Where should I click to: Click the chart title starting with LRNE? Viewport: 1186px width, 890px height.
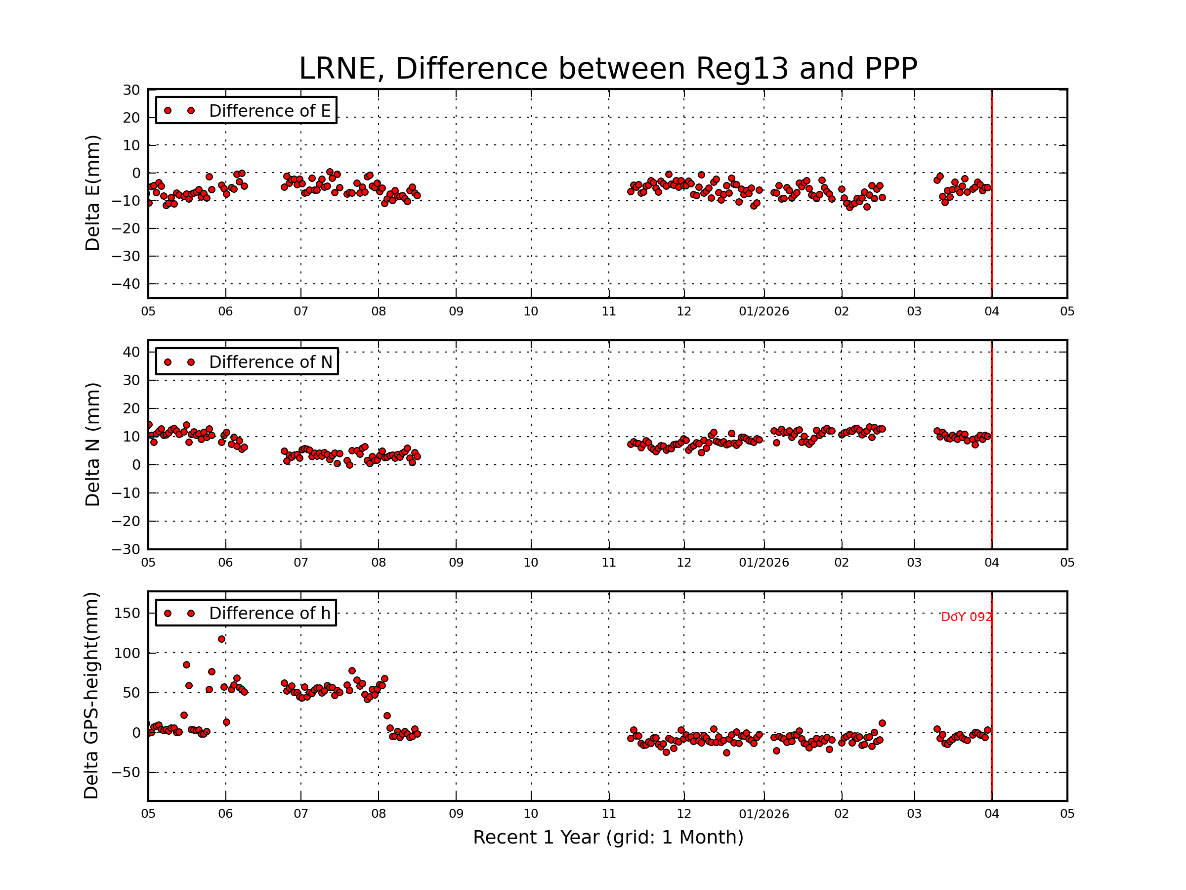point(607,69)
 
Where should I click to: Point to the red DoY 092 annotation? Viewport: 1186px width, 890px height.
point(966,618)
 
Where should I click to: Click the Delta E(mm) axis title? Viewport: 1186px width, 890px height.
point(92,193)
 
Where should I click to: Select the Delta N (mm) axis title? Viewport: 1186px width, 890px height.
point(92,444)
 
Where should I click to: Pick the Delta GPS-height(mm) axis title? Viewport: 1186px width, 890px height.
point(91,696)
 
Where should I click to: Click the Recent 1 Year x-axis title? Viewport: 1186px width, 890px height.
point(608,838)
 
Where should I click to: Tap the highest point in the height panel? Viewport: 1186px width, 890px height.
point(221,639)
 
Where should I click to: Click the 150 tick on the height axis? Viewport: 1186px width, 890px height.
point(127,614)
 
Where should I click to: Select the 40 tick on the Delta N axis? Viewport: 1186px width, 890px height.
point(131,353)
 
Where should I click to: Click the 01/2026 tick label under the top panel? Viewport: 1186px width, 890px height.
point(763,311)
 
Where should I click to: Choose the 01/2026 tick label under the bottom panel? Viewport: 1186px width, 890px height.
point(763,814)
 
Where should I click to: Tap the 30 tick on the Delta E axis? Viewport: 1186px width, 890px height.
point(131,90)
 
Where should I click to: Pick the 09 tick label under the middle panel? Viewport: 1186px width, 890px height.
point(456,563)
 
